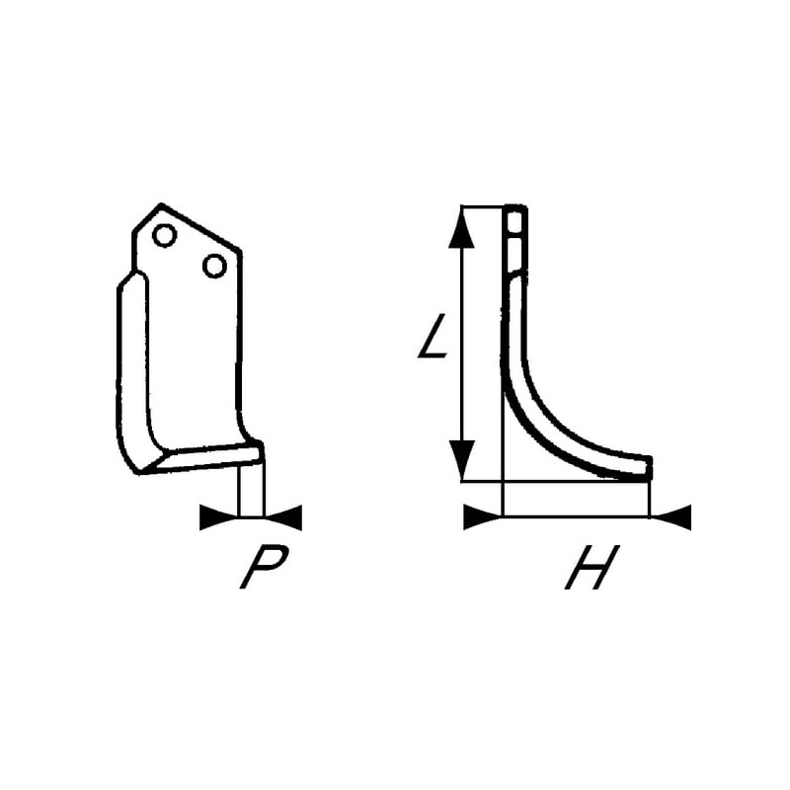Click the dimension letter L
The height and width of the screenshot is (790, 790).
tap(433, 336)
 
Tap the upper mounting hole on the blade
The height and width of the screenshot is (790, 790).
tap(164, 235)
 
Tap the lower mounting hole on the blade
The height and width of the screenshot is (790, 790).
tap(214, 266)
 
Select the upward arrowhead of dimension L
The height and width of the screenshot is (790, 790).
tap(461, 228)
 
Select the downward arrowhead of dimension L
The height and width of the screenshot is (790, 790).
tap(461, 459)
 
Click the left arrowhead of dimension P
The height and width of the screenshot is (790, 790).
tap(219, 516)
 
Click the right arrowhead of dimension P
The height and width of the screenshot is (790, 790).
tap(282, 516)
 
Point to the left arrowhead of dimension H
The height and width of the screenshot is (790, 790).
tap(483, 516)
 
